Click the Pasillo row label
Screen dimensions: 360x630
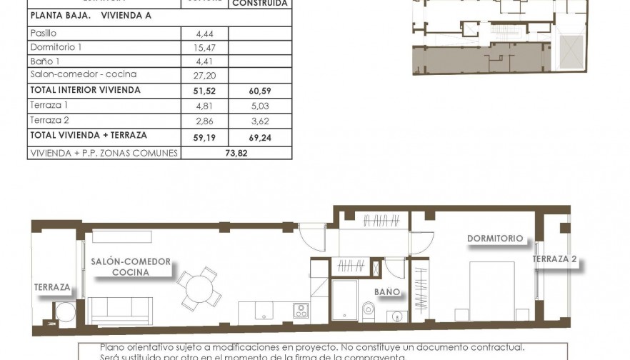44,33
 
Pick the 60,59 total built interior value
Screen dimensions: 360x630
260,91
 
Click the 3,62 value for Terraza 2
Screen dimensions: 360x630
260,121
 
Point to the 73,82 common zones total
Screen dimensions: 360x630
236,153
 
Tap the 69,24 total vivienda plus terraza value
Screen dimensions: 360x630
260,135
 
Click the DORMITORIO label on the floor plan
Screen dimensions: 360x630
495,239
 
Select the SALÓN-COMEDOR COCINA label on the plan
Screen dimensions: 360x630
131,266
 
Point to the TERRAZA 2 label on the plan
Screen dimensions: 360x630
554,259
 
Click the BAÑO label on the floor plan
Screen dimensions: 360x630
387,292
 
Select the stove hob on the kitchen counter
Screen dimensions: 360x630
301,310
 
